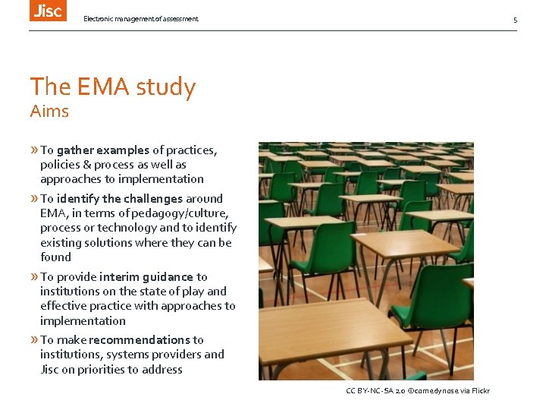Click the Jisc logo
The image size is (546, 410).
click(48, 10)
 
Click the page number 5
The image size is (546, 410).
click(515, 20)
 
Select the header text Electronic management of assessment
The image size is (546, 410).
click(141, 19)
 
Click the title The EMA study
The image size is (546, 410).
click(113, 87)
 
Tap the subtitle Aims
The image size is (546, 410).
click(49, 112)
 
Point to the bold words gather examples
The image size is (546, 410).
click(103, 150)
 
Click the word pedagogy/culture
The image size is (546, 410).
click(188, 213)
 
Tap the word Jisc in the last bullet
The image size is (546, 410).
click(51, 370)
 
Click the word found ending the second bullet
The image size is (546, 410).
click(55, 257)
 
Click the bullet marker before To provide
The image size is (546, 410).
click(34, 277)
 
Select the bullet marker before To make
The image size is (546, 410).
click(34, 340)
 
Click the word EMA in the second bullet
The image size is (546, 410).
click(52, 213)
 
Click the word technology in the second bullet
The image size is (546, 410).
click(127, 228)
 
